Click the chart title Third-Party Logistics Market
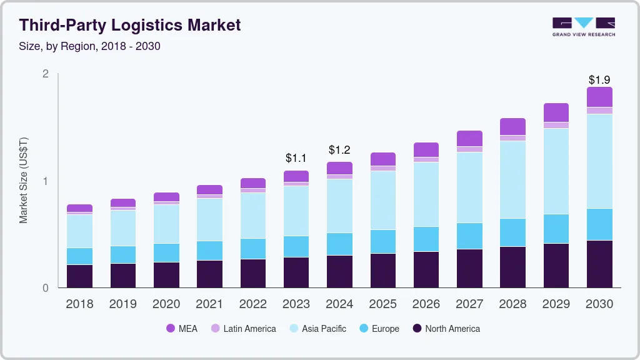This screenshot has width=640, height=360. (x=129, y=25)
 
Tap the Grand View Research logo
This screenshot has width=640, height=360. (x=583, y=27)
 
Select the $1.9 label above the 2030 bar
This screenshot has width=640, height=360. (x=599, y=80)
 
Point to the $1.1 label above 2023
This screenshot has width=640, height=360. (x=296, y=158)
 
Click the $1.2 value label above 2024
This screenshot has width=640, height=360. (x=340, y=150)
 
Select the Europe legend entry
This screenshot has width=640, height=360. (x=379, y=328)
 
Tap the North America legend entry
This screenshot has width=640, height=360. (x=446, y=328)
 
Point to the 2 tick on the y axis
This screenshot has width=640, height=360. (x=46, y=74)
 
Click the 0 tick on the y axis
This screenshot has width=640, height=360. (x=46, y=288)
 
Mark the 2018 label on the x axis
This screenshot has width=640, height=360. (x=79, y=304)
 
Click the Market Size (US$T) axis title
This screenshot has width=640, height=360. (x=24, y=181)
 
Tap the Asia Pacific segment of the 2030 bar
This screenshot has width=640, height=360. (x=599, y=161)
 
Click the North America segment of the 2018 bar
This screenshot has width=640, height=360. (x=79, y=276)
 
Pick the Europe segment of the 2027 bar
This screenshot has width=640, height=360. (x=469, y=236)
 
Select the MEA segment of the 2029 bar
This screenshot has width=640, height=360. (x=556, y=112)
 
